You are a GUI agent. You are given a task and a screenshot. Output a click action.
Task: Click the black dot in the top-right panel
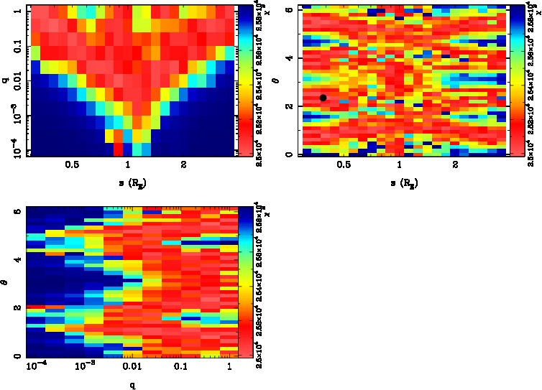coord(323,98)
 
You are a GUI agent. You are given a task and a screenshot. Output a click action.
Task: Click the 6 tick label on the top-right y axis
coord(288,9)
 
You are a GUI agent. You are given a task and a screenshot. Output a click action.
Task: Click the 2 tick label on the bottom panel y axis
coord(17,308)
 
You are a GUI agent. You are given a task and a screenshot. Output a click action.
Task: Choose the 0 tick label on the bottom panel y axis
coord(17,356)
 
